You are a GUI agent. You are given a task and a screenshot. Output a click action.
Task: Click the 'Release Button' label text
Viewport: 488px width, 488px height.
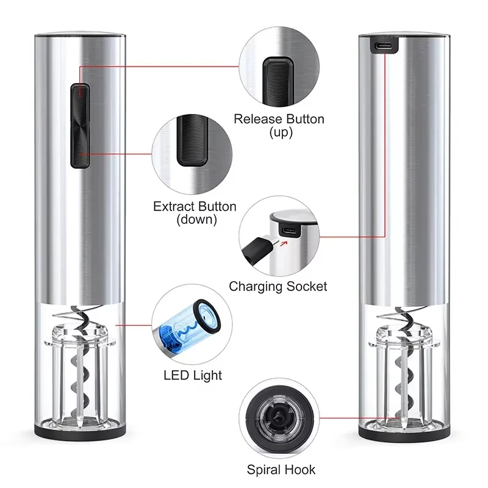click(279, 119)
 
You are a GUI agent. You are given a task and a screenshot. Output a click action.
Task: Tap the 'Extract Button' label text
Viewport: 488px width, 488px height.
click(195, 206)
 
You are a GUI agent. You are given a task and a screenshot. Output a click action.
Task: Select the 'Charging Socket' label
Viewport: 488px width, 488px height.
click(278, 286)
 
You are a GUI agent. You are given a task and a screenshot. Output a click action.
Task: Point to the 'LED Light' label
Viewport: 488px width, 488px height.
click(193, 375)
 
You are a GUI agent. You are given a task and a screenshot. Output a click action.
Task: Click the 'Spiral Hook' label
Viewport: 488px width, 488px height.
click(281, 469)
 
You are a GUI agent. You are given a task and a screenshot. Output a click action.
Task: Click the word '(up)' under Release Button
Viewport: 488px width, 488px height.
click(280, 132)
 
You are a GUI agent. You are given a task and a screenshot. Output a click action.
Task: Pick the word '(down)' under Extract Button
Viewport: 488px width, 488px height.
click(195, 220)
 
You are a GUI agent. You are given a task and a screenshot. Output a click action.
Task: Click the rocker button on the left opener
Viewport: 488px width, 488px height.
click(79, 126)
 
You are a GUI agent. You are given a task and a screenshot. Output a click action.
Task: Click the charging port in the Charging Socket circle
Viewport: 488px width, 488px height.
click(289, 231)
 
